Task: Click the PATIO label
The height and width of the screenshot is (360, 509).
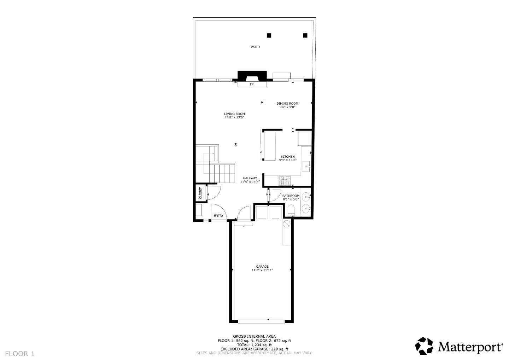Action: click(x=255, y=47)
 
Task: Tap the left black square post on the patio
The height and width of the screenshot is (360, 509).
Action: click(x=269, y=35)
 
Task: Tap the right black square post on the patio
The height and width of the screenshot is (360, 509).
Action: click(x=305, y=35)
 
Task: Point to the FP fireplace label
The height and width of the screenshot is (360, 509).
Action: click(x=252, y=84)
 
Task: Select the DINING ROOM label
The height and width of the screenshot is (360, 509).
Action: click(x=287, y=104)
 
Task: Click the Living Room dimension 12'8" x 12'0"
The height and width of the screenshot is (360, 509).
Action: click(x=234, y=117)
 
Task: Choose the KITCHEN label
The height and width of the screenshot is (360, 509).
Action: click(x=288, y=157)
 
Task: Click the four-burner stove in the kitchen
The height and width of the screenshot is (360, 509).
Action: click(x=285, y=181)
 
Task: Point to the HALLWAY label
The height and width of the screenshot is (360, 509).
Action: click(x=250, y=178)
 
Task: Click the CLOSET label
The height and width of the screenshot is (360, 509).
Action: click(x=200, y=193)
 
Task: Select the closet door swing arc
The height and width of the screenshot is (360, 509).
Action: click(x=214, y=193)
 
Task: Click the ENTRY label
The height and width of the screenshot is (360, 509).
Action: click(x=218, y=216)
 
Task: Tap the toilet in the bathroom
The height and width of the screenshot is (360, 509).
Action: click(x=291, y=211)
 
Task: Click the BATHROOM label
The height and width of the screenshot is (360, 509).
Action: click(x=291, y=196)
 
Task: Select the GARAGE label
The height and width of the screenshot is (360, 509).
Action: click(x=262, y=267)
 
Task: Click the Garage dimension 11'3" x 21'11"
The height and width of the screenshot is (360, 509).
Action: click(x=262, y=270)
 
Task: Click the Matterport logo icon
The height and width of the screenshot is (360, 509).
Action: click(x=424, y=346)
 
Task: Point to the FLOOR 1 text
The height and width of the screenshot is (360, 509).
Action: click(x=20, y=354)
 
